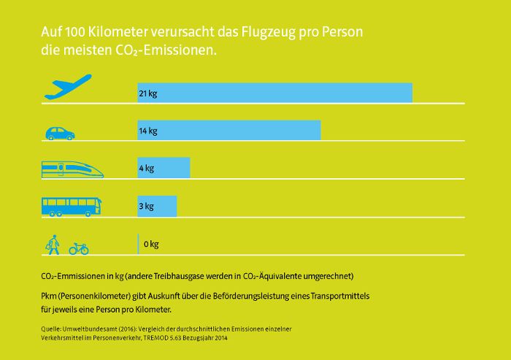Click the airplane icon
pyautogui.click(x=68, y=87)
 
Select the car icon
pyautogui.click(x=60, y=133)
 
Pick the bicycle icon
pyautogui.click(x=79, y=248)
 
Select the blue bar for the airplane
pyautogui.click(x=274, y=93)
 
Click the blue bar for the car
pyautogui.click(x=229, y=130)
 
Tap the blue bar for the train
pyautogui.click(x=164, y=168)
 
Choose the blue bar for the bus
pyautogui.click(x=157, y=206)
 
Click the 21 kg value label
pyautogui.click(x=148, y=93)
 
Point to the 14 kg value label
pyautogui.click(x=148, y=131)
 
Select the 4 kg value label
pyautogui.click(x=146, y=169)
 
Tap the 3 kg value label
pyautogui.click(x=146, y=206)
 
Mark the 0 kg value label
pyautogui.click(x=151, y=244)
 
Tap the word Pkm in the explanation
pyautogui.click(x=50, y=295)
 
